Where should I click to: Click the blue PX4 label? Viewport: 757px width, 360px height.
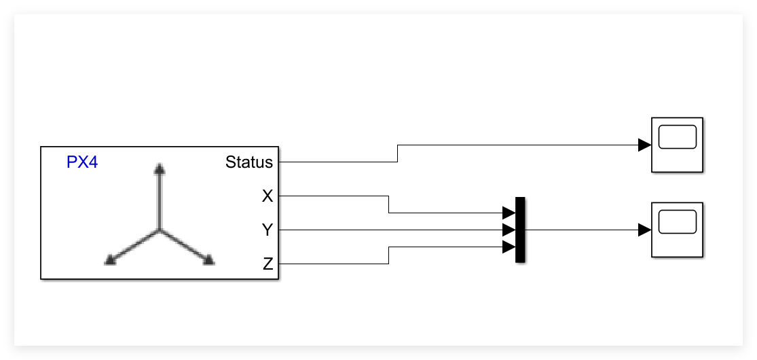[x=82, y=162]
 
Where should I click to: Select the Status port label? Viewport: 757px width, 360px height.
[x=249, y=162]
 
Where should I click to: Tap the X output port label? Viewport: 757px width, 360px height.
[x=267, y=196]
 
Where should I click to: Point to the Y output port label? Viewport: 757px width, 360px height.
[x=267, y=230]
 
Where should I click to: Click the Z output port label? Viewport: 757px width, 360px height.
[x=267, y=264]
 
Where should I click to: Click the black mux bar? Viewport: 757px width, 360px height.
[x=520, y=230]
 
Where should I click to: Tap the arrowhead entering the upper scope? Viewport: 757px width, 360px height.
[x=644, y=145]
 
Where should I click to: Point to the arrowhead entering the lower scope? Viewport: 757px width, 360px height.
[x=644, y=230]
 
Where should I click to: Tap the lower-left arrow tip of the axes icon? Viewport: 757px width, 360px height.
[x=109, y=259]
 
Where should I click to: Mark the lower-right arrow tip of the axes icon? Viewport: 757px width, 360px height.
[x=209, y=259]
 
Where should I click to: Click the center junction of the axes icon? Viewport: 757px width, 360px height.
[x=159, y=231]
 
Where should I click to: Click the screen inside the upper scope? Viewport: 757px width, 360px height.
[x=677, y=137]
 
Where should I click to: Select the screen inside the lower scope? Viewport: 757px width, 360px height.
[x=677, y=221]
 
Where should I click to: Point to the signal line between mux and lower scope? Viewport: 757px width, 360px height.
[x=580, y=230]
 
